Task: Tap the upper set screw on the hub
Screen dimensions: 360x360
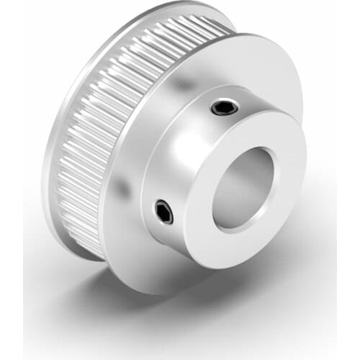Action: point(221,109)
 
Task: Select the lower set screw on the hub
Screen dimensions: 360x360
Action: point(164,212)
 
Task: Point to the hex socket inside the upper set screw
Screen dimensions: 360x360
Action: point(221,109)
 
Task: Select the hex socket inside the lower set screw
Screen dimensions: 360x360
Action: point(164,212)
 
